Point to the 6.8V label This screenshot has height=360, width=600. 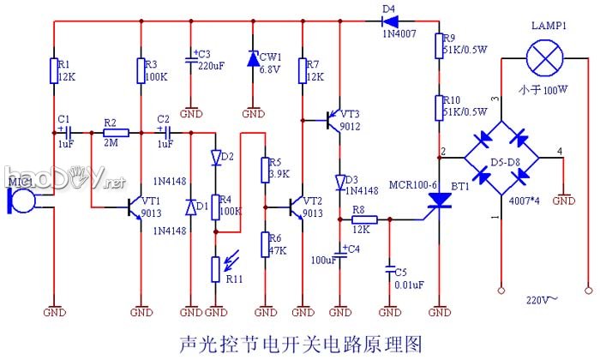coord(273,70)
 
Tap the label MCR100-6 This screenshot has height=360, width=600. coord(412,184)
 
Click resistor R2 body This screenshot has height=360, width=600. coord(116,133)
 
